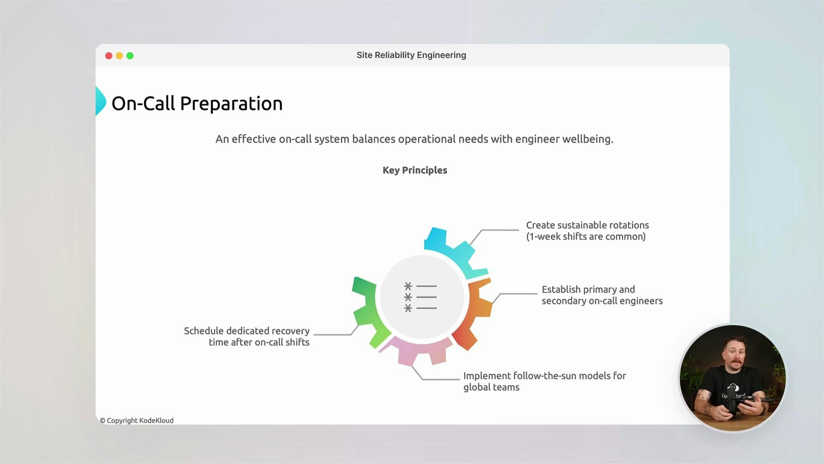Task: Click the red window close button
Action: (x=109, y=56)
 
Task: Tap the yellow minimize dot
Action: (x=119, y=56)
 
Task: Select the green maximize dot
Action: (x=130, y=56)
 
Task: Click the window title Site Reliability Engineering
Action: (x=411, y=55)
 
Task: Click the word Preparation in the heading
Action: (x=231, y=104)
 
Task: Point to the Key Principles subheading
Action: (x=415, y=170)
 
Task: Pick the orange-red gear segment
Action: (x=476, y=314)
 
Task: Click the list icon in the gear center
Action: (x=421, y=297)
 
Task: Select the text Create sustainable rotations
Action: (x=587, y=225)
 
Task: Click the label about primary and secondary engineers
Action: (x=602, y=295)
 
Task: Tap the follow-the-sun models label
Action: (x=544, y=381)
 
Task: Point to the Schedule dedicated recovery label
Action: (x=247, y=336)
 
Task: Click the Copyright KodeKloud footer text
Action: (x=137, y=421)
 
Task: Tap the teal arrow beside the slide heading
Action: (x=100, y=101)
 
